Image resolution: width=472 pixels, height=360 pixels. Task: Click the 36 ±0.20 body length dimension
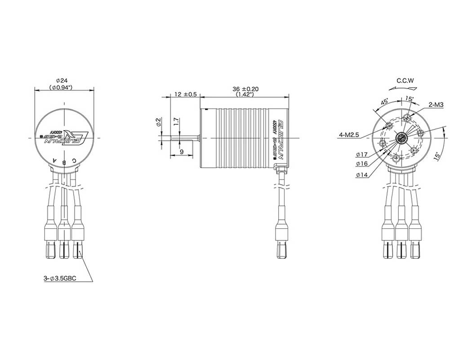245,89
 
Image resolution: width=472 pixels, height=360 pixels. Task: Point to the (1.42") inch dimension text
245,95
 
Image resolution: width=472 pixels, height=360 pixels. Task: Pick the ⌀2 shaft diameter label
158,122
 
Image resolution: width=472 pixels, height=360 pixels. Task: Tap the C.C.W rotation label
405,81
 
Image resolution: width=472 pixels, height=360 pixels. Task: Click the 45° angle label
384,102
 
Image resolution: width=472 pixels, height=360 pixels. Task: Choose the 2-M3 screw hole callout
436,105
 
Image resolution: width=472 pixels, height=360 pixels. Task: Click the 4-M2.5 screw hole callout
349,135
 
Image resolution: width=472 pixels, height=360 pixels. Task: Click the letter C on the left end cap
74,160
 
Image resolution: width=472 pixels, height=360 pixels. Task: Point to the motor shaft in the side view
184,136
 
